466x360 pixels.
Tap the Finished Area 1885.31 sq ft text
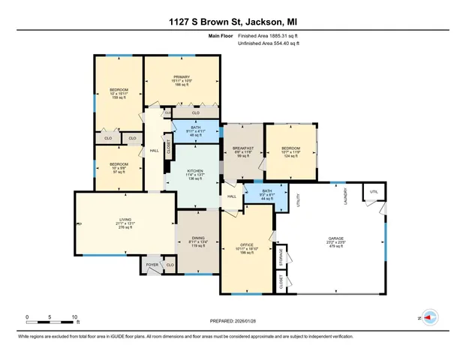[x=269, y=35]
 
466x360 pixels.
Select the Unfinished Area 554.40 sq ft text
[x=269, y=44]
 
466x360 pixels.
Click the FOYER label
[x=150, y=265]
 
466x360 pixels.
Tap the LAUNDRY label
[x=346, y=196]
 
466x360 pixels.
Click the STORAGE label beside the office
[x=280, y=256]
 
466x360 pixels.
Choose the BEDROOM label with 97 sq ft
[x=119, y=167]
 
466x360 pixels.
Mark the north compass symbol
[x=430, y=318]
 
